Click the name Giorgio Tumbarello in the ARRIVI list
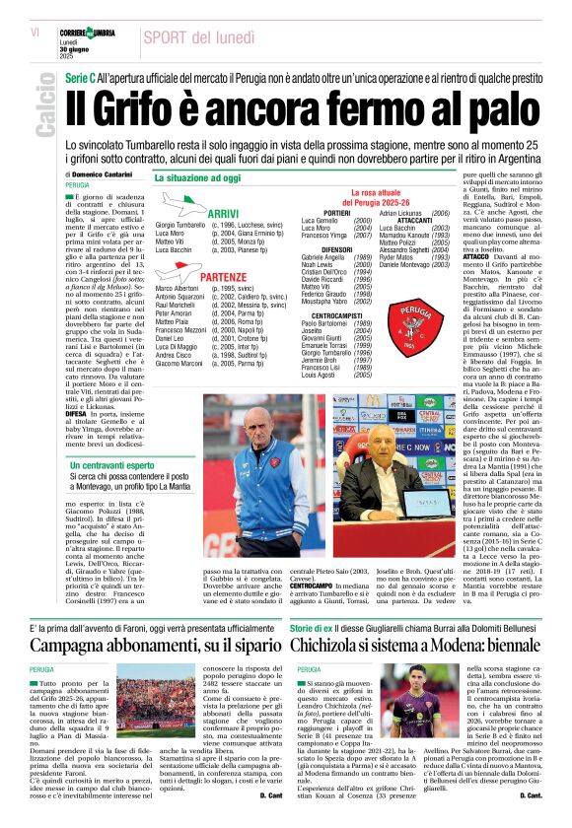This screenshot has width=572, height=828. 179,226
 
